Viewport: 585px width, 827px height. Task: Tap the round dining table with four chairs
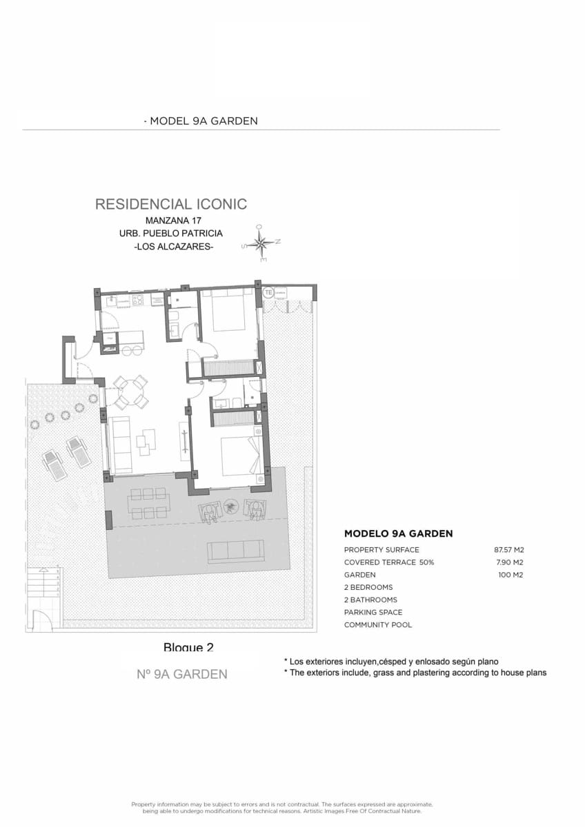[x=130, y=393]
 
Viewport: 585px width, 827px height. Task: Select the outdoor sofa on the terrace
[x=236, y=550]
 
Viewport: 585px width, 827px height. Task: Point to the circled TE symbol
[x=268, y=293]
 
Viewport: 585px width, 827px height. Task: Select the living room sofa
[x=121, y=445]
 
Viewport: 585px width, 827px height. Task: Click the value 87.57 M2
[x=509, y=550]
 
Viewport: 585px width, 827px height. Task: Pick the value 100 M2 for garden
[x=510, y=575]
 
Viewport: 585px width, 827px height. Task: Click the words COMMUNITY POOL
[x=377, y=624]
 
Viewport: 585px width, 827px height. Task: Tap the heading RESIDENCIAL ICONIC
[x=170, y=204]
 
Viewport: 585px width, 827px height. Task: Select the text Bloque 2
[x=188, y=647]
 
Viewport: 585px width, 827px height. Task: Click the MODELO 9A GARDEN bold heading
[x=398, y=533]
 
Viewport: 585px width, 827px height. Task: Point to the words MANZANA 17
[x=172, y=221]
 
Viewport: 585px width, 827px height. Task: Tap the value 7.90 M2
[x=510, y=562]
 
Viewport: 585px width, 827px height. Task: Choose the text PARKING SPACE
[x=373, y=612]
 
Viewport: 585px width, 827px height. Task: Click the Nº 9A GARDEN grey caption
[x=182, y=674]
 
